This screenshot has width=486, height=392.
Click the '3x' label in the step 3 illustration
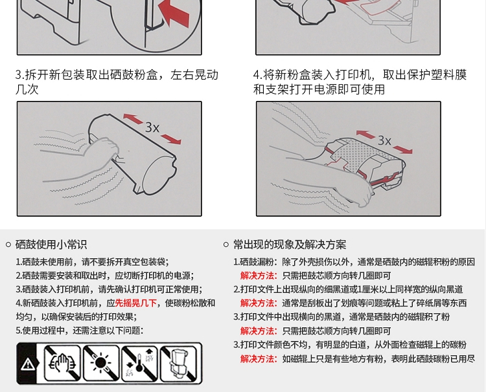coord(152,127)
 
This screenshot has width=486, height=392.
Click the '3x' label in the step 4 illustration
coord(384,140)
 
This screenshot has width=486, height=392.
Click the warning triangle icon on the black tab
coord(28,364)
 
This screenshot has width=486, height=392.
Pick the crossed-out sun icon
coord(101,364)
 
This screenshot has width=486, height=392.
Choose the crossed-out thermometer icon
coord(139,364)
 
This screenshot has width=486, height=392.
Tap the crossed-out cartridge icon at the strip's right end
coord(178,364)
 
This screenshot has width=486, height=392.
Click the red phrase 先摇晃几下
coord(136,303)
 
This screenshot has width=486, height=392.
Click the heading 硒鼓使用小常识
coord(51,245)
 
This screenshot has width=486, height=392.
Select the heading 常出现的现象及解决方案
coord(290,245)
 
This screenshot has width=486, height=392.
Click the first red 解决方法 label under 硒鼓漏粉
coord(259,276)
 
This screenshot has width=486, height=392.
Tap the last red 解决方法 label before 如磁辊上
coord(259,358)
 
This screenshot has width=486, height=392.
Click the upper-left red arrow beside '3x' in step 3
coord(133,119)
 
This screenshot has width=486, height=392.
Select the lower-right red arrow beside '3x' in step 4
coord(402,149)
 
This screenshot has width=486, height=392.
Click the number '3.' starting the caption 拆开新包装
coord(20,75)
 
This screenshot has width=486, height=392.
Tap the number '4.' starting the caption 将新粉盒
coord(258,75)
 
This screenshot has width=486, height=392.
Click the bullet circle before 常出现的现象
coord(226,245)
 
